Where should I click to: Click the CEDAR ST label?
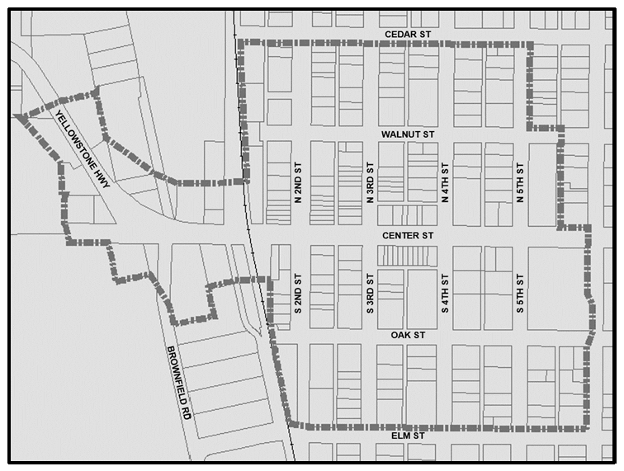point(408,34)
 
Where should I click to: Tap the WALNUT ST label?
point(408,133)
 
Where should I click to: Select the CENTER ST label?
point(408,235)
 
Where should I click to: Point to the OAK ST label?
point(408,335)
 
